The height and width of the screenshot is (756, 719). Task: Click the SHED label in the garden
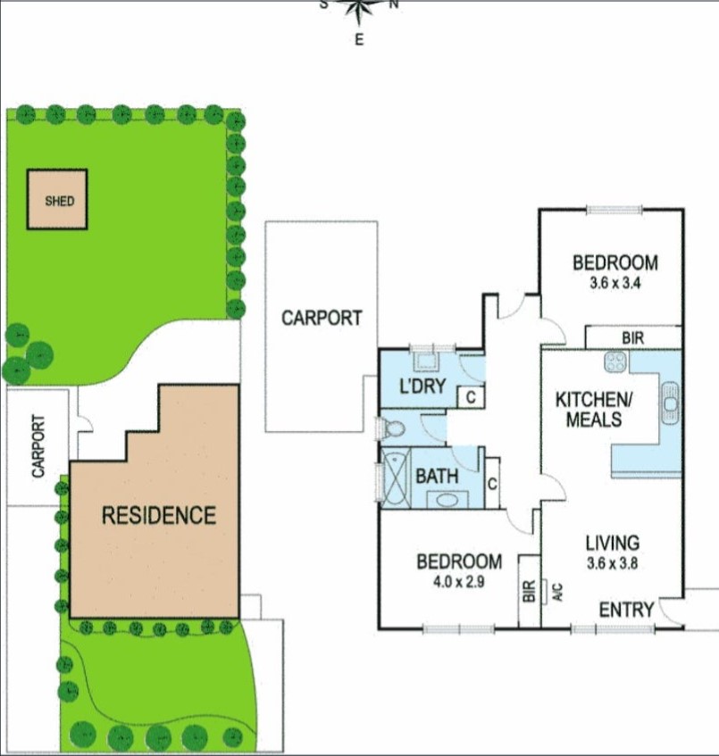point(60,201)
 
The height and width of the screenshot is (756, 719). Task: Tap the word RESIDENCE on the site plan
point(158,515)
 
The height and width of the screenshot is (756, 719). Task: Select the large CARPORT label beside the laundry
point(322,318)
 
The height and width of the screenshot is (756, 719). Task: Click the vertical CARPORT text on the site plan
point(38,445)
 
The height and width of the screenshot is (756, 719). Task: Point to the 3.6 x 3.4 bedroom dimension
point(614,282)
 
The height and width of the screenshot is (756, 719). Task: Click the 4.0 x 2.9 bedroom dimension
point(459,580)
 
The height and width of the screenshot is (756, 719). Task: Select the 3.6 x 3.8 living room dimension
point(613,563)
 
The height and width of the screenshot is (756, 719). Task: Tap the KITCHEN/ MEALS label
point(589,409)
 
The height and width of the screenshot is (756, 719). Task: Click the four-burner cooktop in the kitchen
point(616,361)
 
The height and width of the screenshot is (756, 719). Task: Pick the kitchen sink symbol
point(670,404)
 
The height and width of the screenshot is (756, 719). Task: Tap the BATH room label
point(438,476)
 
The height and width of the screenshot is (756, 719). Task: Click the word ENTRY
point(625,611)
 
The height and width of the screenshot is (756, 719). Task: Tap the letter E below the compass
point(359,39)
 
